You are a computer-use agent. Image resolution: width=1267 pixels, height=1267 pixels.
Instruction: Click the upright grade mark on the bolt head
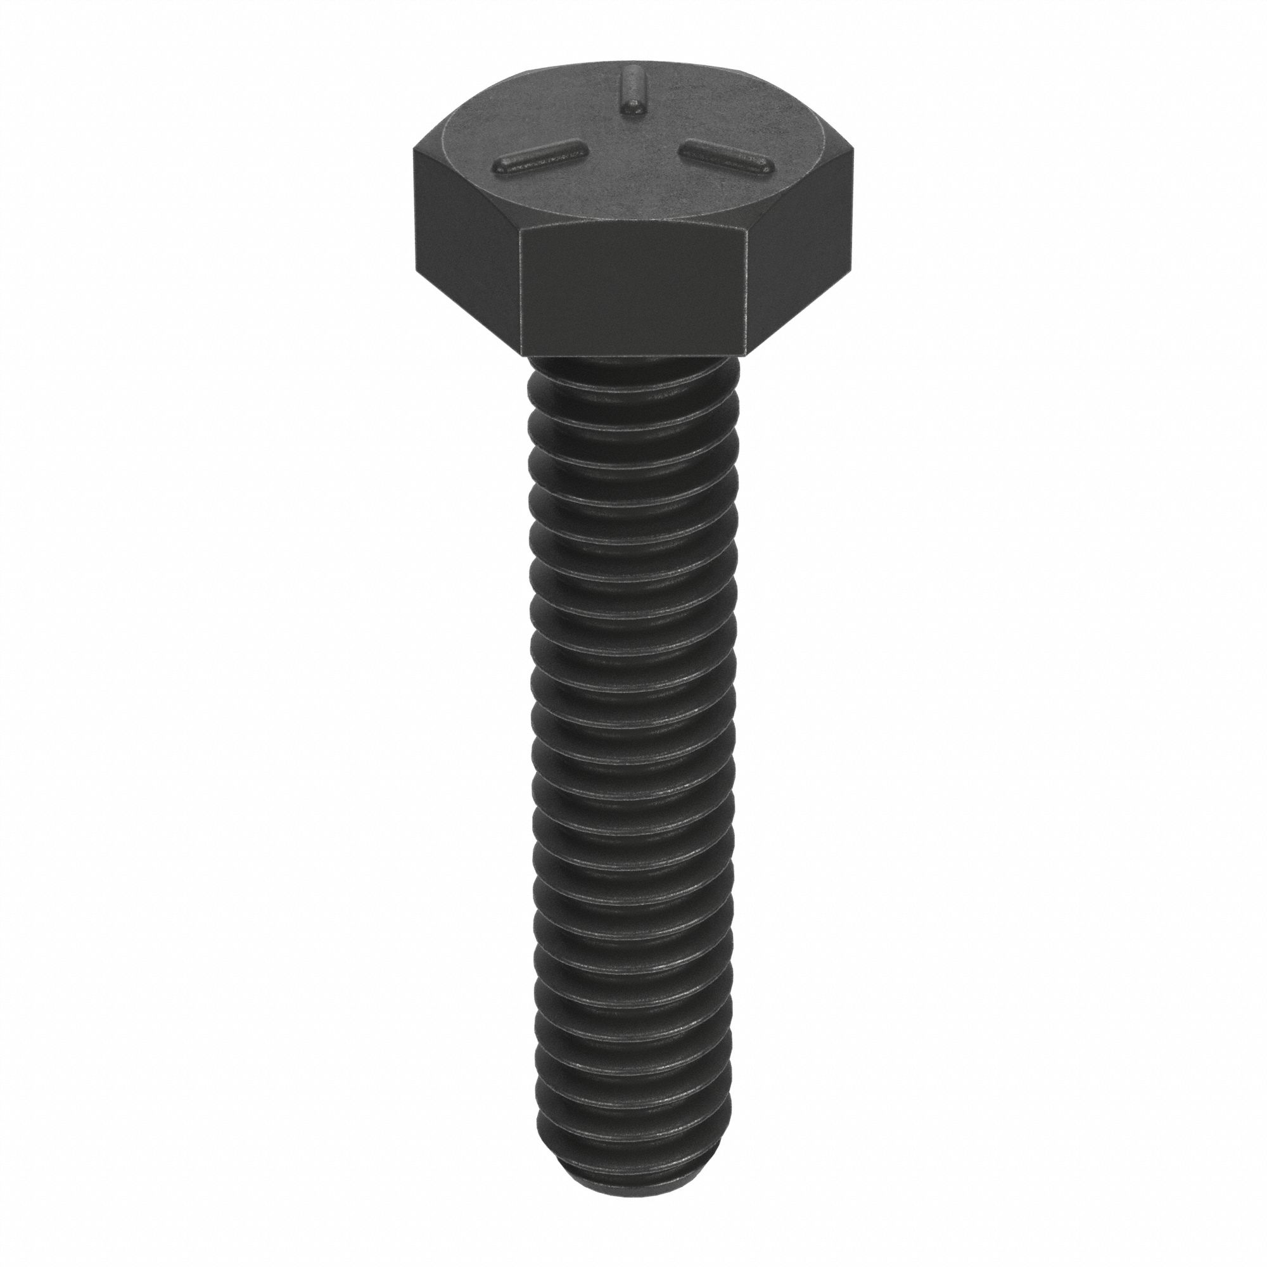(x=632, y=93)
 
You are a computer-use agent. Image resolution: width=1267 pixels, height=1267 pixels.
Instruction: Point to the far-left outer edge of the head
(x=414, y=210)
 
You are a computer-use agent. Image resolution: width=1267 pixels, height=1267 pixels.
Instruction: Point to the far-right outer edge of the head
(x=853, y=210)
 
